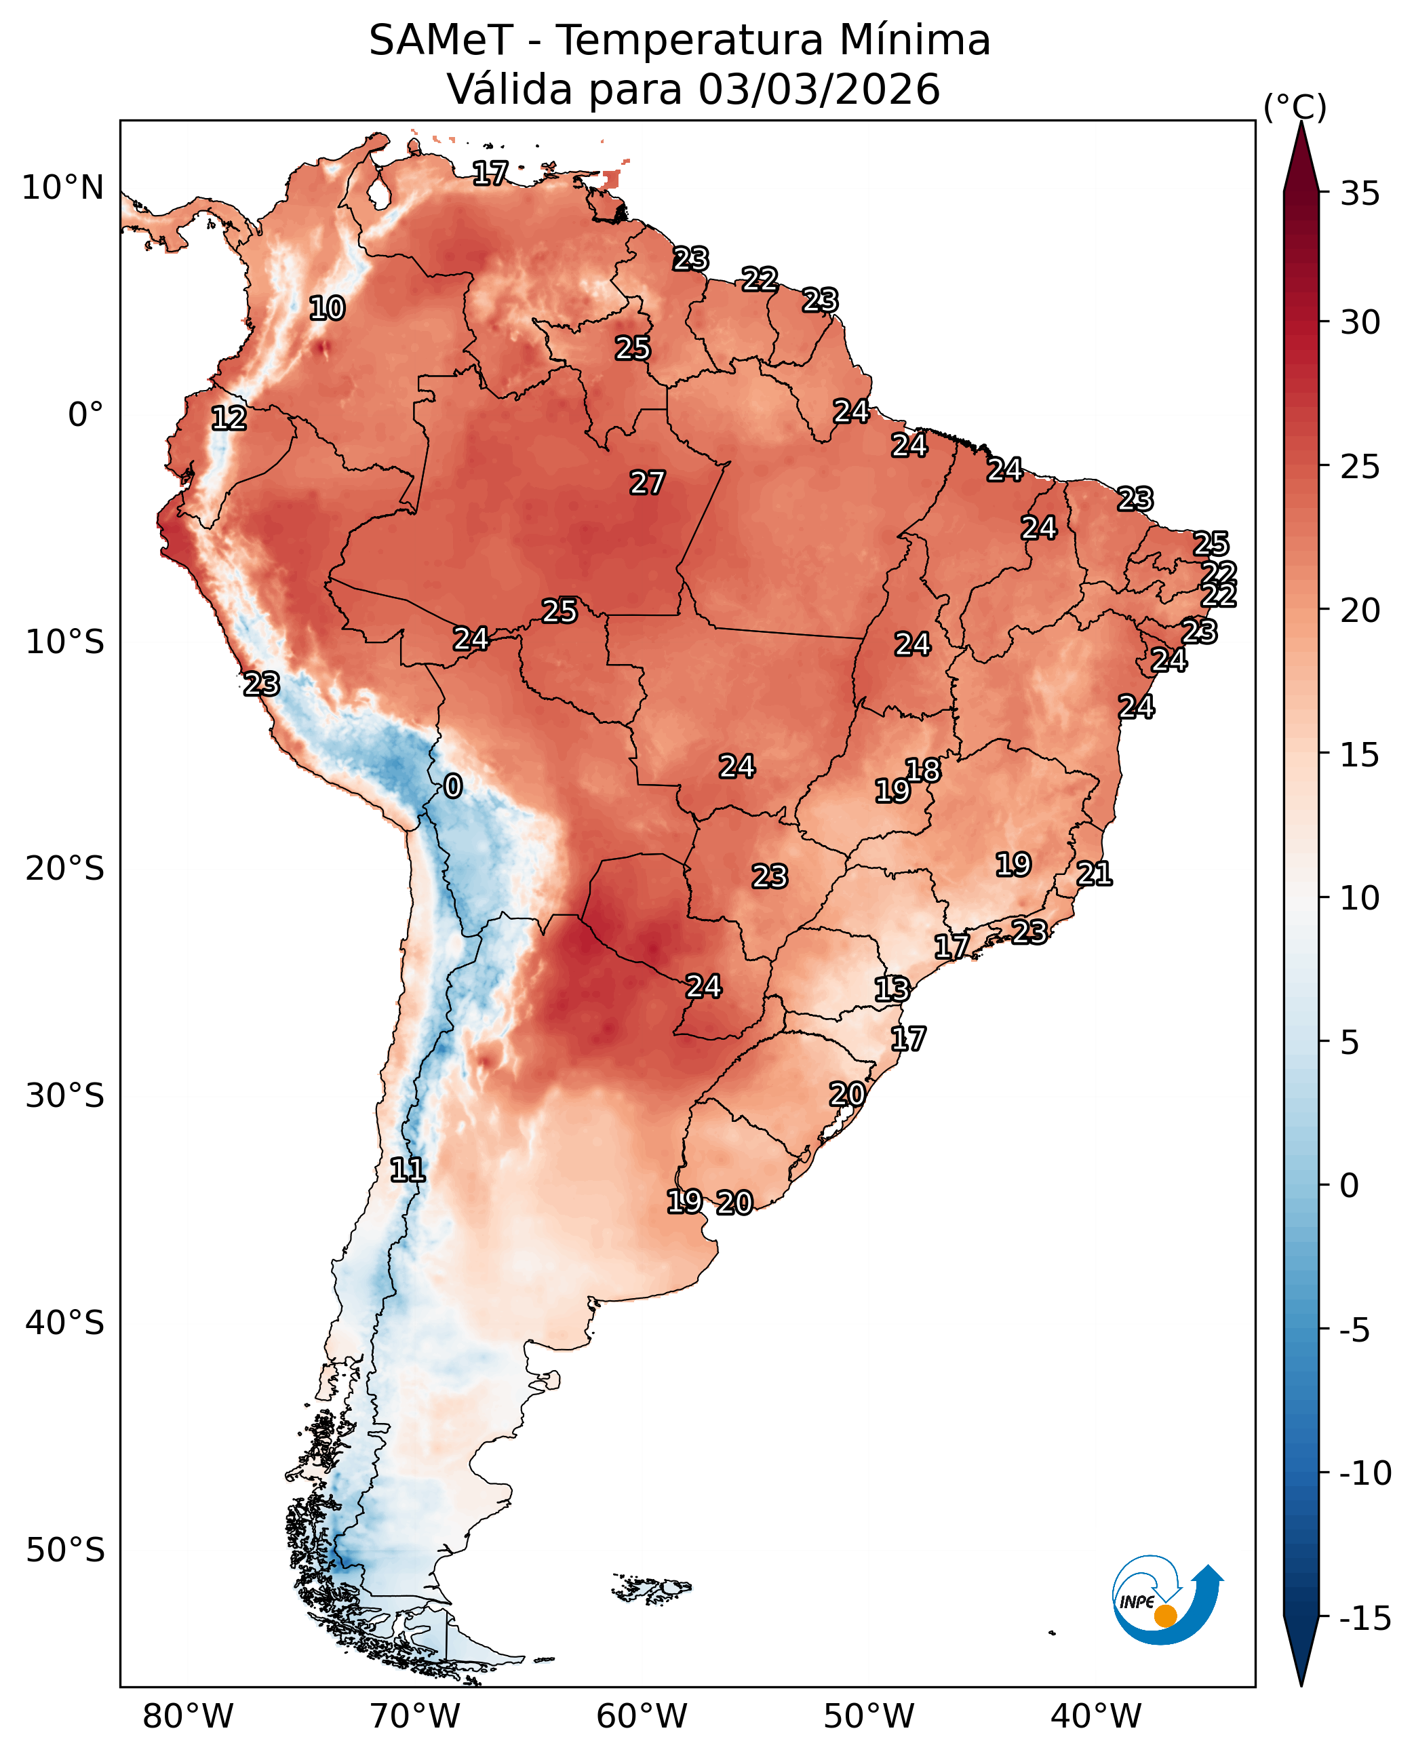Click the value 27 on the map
(647, 483)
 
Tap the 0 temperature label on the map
(453, 786)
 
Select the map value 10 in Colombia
(327, 309)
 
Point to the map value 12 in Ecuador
(228, 418)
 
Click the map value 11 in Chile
(408, 1171)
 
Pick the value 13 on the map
(892, 990)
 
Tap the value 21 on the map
(1094, 874)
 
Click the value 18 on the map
(924, 770)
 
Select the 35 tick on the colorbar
(1360, 194)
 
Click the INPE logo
(1167, 1599)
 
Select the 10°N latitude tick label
(62, 188)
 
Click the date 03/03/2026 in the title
(819, 90)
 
